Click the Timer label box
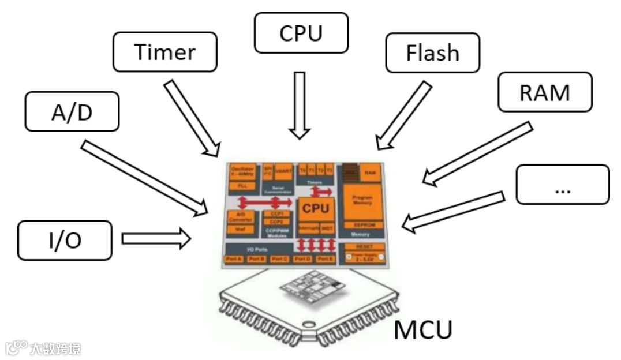(x=165, y=52)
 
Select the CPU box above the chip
(x=301, y=33)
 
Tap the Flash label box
(x=432, y=52)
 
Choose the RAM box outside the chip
(x=545, y=92)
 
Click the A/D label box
(x=72, y=112)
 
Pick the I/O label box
(x=64, y=239)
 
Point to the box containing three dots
(x=562, y=185)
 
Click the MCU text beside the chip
(x=423, y=331)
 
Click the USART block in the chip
(x=283, y=171)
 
